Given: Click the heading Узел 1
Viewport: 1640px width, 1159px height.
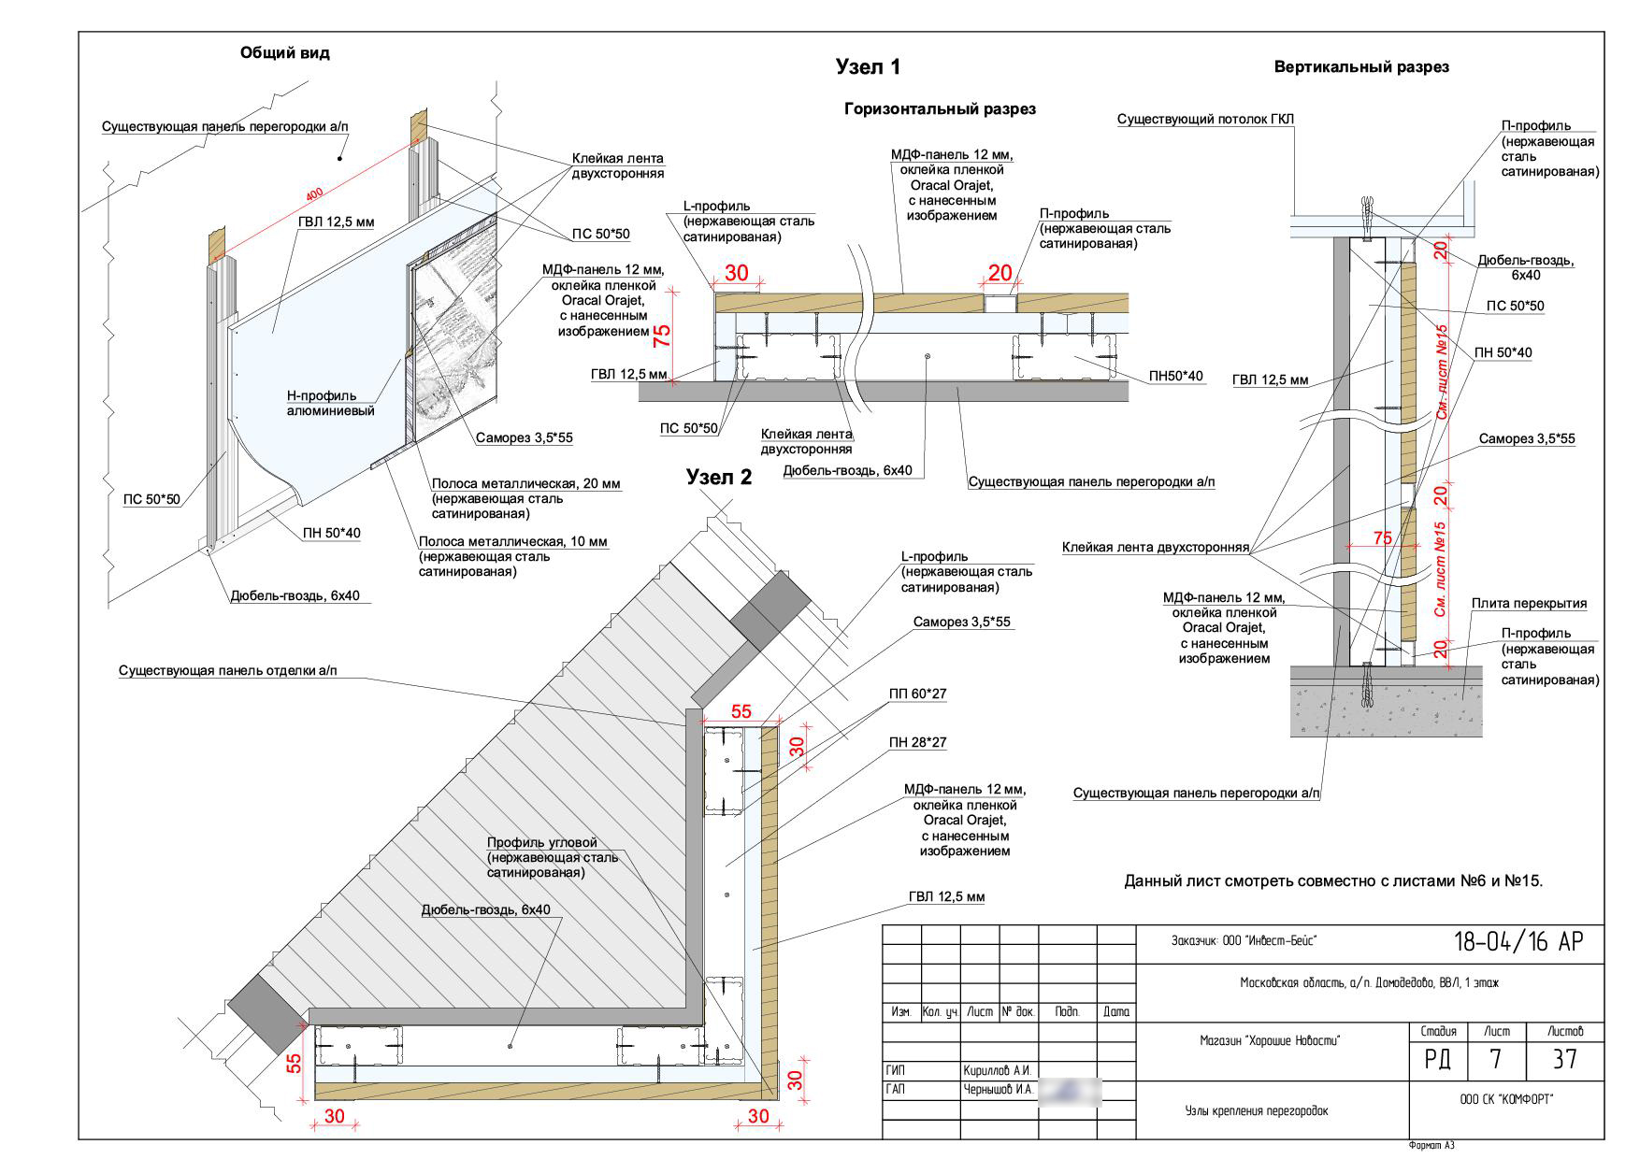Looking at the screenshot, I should click(x=868, y=67).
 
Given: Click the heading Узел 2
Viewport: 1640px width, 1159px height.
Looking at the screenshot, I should click(x=718, y=477).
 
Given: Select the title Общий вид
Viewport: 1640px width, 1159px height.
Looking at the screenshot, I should click(x=285, y=53).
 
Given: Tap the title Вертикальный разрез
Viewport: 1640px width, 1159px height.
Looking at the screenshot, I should click(x=1361, y=67).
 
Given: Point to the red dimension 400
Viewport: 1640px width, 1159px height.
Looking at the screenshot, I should click(x=315, y=194).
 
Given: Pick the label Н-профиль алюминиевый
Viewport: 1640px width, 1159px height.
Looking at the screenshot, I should click(x=330, y=403).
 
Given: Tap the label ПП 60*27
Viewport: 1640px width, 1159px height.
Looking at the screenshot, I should click(x=918, y=694).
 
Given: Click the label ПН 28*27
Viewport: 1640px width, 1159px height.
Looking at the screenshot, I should click(x=918, y=743).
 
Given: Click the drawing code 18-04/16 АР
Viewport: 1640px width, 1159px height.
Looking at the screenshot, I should click(x=1518, y=942).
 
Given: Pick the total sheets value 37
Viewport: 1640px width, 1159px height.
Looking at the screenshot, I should click(x=1564, y=1059).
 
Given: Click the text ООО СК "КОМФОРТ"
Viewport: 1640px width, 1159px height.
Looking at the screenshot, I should click(x=1505, y=1100).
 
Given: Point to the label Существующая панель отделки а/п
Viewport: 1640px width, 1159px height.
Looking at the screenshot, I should click(x=228, y=671).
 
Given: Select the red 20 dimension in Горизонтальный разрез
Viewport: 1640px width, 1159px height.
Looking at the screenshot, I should click(x=1000, y=273).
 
